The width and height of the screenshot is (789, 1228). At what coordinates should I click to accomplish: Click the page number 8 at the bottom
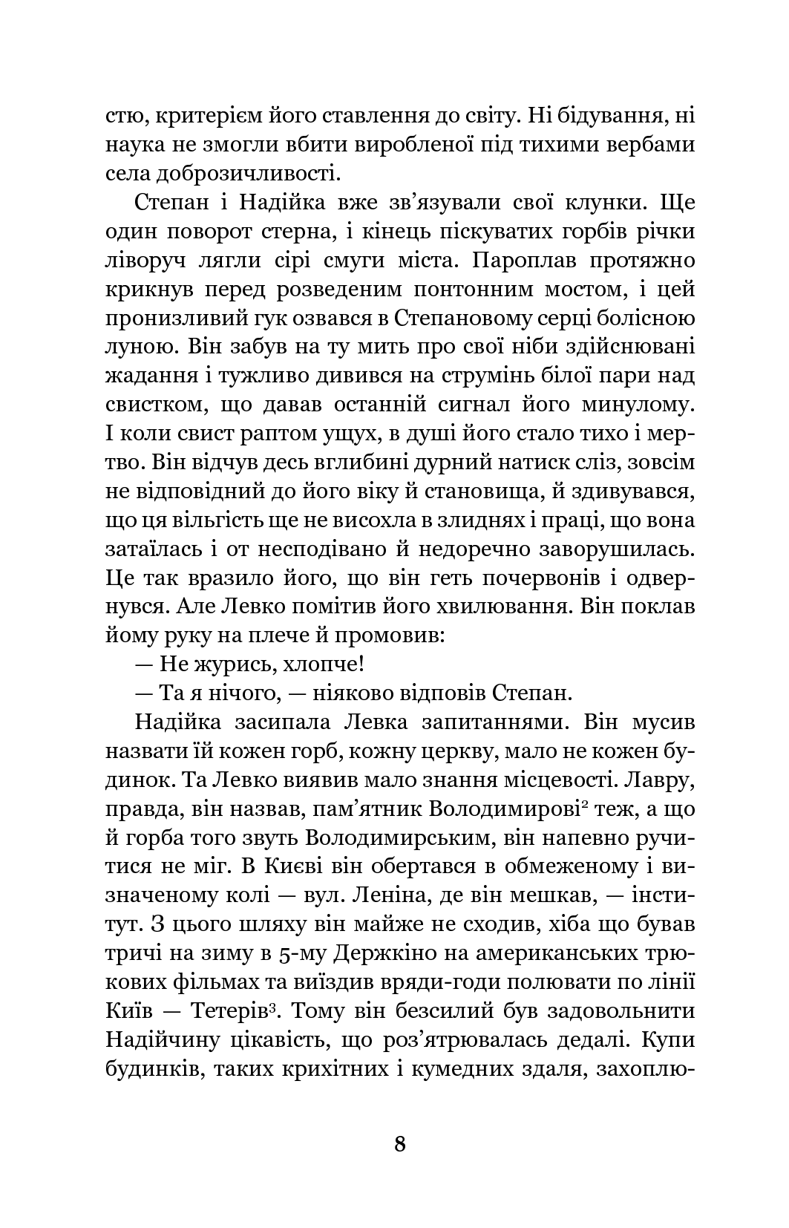(x=399, y=1144)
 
